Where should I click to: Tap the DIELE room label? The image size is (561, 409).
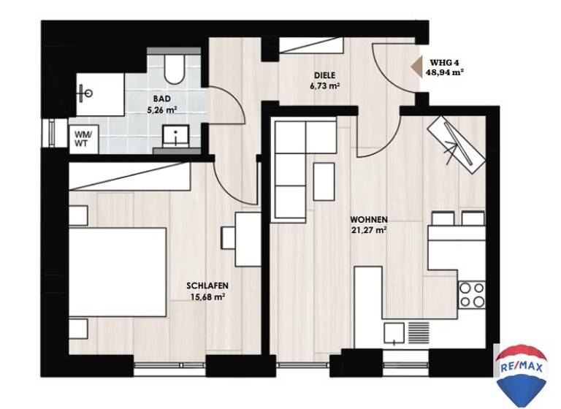click(326, 75)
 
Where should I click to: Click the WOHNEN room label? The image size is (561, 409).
click(368, 219)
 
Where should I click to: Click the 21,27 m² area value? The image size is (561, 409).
click(368, 229)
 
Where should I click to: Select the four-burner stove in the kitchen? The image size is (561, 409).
click(471, 294)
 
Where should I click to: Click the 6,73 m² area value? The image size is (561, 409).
click(326, 85)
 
